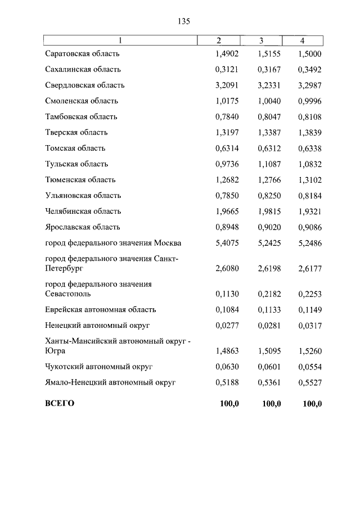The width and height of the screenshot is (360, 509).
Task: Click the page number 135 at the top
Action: (184, 21)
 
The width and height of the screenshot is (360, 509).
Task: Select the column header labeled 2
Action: (219, 41)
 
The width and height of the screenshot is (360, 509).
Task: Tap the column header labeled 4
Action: (302, 41)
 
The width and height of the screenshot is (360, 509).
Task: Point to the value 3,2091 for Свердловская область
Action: (227, 85)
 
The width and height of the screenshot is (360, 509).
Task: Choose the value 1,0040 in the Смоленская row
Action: (269, 101)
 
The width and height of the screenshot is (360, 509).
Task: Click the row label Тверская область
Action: (76, 133)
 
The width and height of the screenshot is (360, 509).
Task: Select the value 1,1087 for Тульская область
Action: (269, 164)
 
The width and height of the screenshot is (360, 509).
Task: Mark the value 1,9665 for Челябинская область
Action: (227, 211)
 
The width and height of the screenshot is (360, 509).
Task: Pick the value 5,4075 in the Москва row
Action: (227, 243)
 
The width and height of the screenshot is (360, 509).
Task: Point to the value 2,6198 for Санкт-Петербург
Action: (269, 269)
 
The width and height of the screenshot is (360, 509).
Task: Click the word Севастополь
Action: (68, 294)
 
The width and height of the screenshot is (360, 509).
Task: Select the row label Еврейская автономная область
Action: (101, 309)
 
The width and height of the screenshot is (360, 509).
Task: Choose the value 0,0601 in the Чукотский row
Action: (269, 367)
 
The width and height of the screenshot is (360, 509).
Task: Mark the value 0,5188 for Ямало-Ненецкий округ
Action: (227, 382)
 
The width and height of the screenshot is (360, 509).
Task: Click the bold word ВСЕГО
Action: (60, 404)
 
